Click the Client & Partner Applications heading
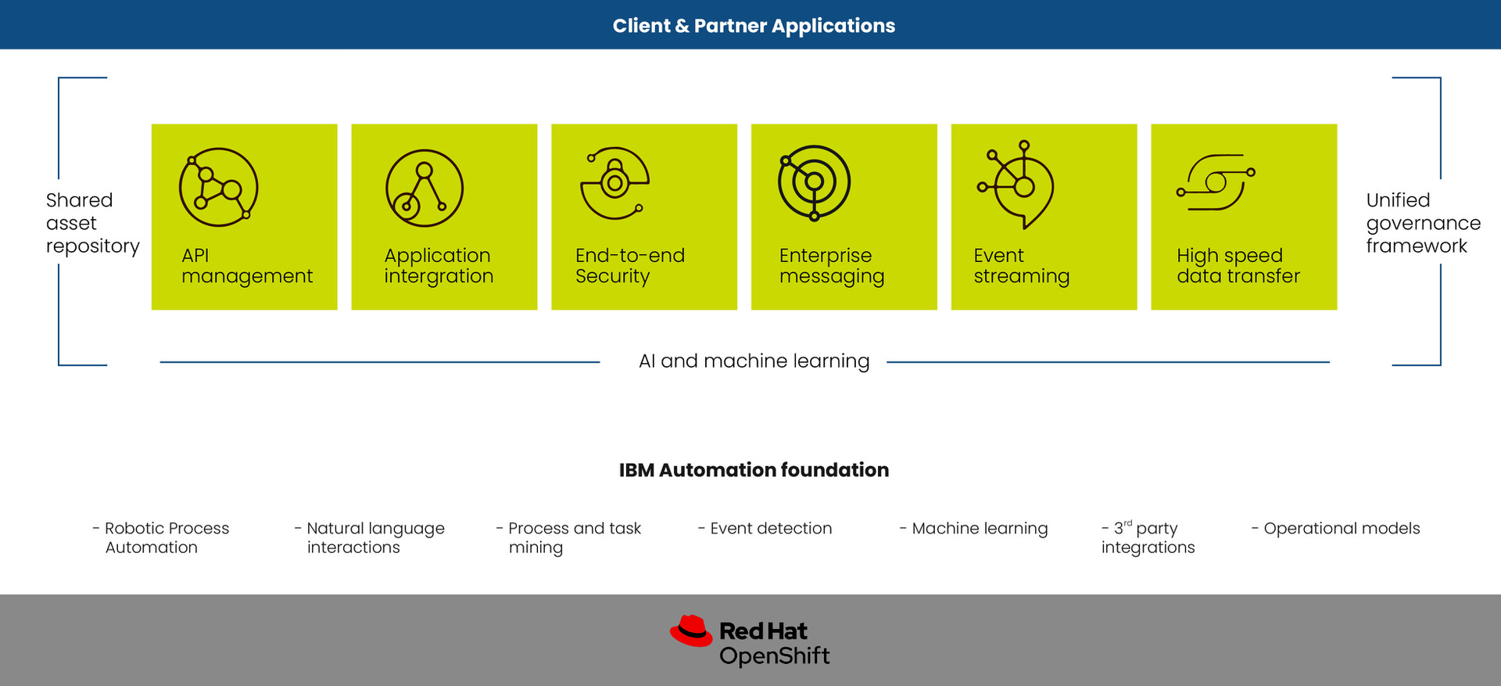[754, 26]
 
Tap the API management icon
[219, 187]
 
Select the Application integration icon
[425, 188]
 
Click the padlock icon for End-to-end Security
[614, 183]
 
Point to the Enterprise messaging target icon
[814, 182]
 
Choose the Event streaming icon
[1016, 185]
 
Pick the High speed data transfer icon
[1216, 182]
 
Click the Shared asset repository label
[92, 223]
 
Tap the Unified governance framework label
[1423, 223]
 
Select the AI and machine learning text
[754, 361]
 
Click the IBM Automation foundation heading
[754, 469]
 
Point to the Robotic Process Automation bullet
[160, 537]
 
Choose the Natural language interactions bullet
[369, 537]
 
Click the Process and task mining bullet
[568, 537]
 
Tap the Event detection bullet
[765, 528]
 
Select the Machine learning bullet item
[973, 529]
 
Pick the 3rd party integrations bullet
[1148, 537]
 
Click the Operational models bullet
[1335, 529]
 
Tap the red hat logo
[691, 630]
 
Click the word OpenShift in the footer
[774, 655]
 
